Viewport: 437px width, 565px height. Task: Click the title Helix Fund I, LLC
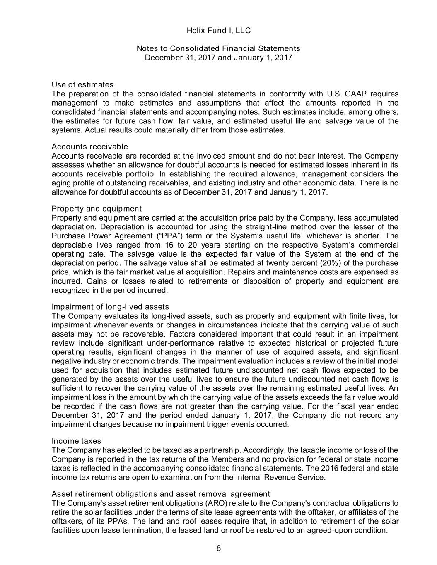pos(218,31)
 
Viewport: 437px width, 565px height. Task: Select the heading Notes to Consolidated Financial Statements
pos(218,48)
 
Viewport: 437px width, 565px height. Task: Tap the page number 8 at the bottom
pos(218,548)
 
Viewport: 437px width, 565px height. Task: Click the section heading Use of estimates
pos(82,85)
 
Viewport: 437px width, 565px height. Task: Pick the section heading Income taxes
pos(76,441)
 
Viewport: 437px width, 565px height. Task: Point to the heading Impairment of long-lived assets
pos(110,307)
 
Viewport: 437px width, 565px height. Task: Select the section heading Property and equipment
pos(97,209)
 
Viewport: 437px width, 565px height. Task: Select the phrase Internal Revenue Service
pos(280,477)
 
